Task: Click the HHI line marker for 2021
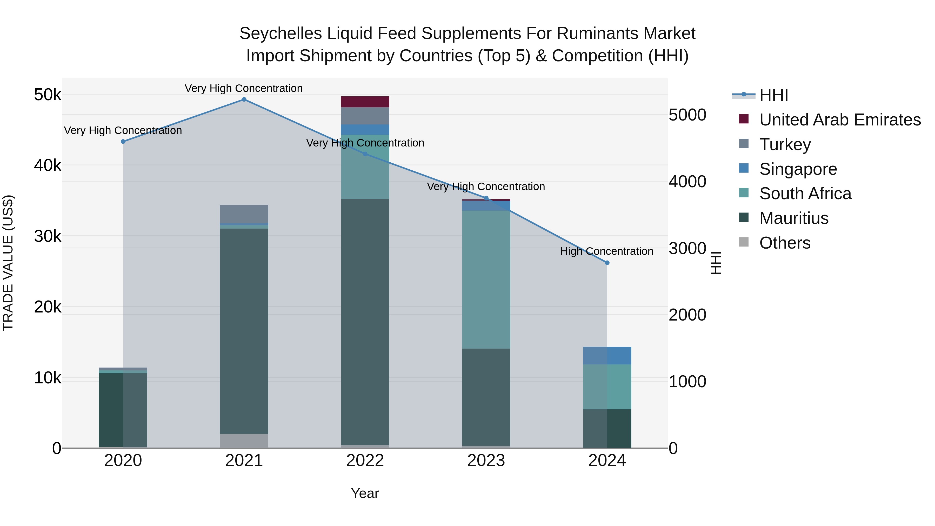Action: (x=244, y=99)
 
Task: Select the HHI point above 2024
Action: (x=607, y=263)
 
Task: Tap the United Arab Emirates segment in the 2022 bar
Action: (x=365, y=102)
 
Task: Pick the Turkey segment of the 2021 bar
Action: (x=244, y=214)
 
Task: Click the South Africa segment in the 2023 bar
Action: (x=486, y=279)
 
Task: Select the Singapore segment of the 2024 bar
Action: (x=607, y=356)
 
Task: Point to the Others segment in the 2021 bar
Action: (x=244, y=441)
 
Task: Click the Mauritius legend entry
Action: (x=793, y=218)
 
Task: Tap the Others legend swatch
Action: (x=744, y=242)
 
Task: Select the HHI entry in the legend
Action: (x=773, y=95)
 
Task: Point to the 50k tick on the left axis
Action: (x=48, y=95)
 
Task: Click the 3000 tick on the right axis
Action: (x=687, y=249)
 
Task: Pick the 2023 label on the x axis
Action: (x=486, y=461)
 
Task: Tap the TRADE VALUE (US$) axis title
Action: (x=8, y=263)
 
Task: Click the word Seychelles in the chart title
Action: (x=280, y=34)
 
